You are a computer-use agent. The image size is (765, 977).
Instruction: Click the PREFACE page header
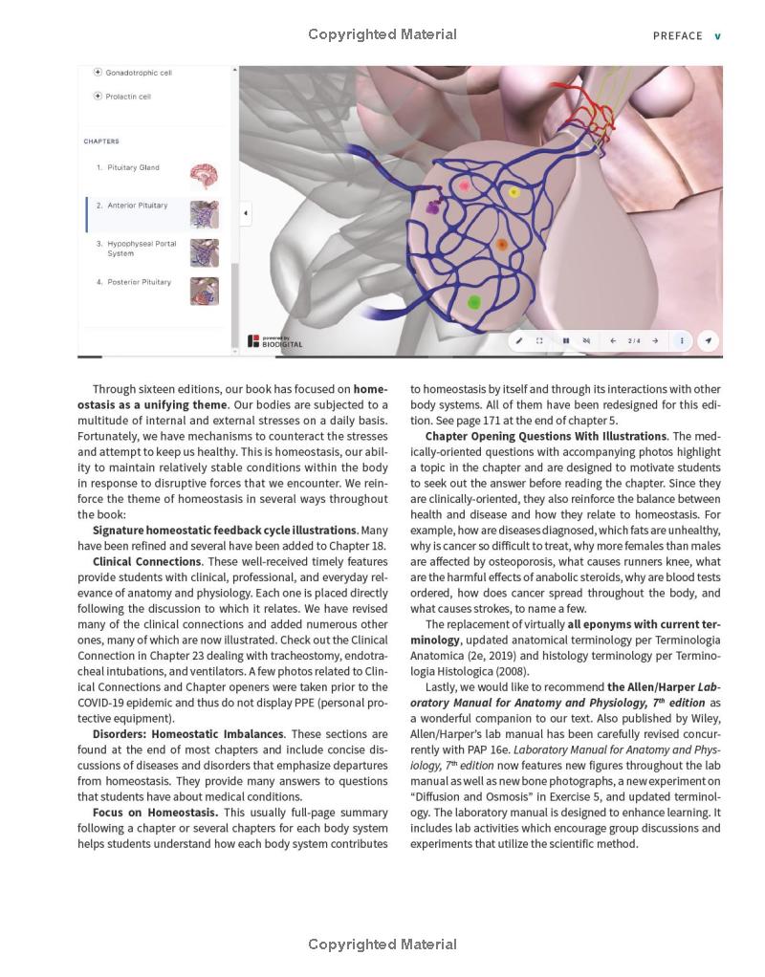(x=677, y=36)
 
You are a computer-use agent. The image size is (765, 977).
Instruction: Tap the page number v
(x=718, y=36)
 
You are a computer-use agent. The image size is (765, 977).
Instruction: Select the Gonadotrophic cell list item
(x=139, y=73)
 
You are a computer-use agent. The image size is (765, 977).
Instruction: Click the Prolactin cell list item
(x=128, y=97)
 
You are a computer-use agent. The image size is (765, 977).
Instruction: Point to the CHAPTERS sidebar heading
(x=101, y=141)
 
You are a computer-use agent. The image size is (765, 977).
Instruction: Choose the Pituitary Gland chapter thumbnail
(x=204, y=176)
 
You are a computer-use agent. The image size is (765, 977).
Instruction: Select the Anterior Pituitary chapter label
(x=137, y=206)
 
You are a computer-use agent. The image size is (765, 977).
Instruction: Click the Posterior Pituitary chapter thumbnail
(x=204, y=291)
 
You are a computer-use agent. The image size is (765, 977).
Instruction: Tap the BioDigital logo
(x=275, y=341)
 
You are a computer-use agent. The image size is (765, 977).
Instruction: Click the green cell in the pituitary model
(x=473, y=303)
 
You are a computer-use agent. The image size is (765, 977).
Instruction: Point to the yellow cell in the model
(x=514, y=193)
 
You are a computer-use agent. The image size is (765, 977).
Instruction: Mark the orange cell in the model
(x=501, y=246)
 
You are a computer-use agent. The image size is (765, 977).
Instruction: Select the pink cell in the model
(x=466, y=186)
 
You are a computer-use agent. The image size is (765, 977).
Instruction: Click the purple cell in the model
(x=433, y=206)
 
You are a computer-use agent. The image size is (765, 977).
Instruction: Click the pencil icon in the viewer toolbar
(x=519, y=340)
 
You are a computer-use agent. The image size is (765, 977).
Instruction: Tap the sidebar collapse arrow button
(x=246, y=213)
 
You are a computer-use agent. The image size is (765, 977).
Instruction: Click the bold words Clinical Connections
(x=147, y=562)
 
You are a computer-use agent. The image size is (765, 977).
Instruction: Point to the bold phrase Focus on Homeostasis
(x=155, y=813)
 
